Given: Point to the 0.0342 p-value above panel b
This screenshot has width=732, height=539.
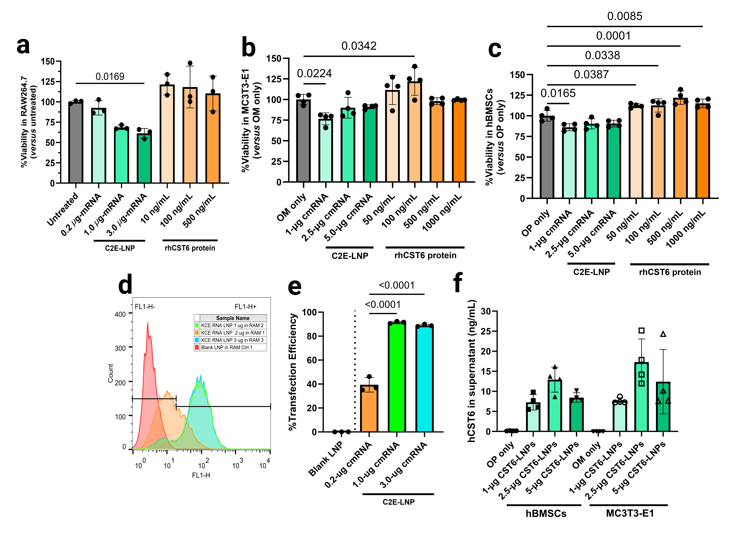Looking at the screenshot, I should tap(359, 46).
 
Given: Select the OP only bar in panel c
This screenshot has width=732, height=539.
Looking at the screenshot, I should tap(547, 157).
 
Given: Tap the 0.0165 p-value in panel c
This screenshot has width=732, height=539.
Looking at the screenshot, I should tap(558, 93).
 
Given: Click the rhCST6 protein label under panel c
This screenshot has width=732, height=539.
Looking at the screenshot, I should tap(670, 272).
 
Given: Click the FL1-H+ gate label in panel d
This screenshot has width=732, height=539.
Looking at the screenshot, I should tap(246, 307).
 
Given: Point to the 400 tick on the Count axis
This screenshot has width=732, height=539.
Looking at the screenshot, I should tap(120, 314).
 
